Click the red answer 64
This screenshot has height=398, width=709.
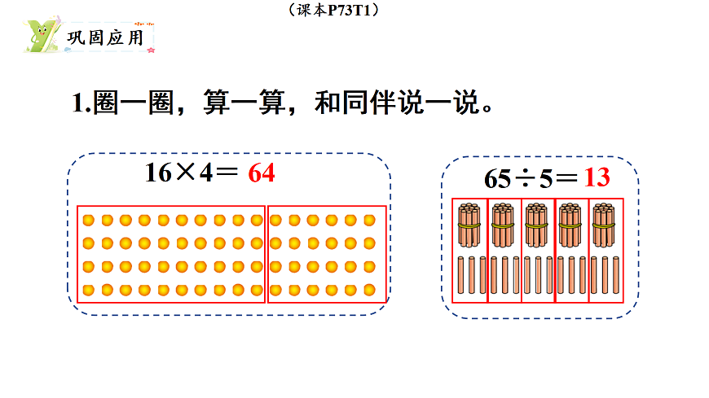pyautogui.click(x=261, y=173)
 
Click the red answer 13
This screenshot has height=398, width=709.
pyautogui.click(x=597, y=178)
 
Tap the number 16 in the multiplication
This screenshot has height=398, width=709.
pyautogui.click(x=158, y=173)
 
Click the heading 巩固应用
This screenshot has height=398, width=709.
pyautogui.click(x=103, y=37)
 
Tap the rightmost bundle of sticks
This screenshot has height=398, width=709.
pyautogui.click(x=604, y=225)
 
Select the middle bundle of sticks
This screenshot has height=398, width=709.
pyautogui.click(x=535, y=225)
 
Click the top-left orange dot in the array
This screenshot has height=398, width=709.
pyautogui.click(x=87, y=220)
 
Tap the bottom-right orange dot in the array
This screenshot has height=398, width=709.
pyautogui.click(x=369, y=289)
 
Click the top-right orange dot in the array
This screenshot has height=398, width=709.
pyautogui.click(x=369, y=220)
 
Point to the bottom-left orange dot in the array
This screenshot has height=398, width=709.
pyautogui.click(x=87, y=289)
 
